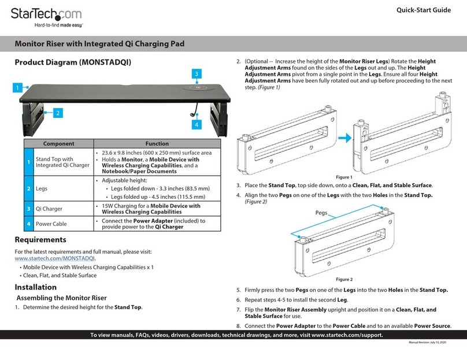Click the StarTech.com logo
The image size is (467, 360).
click(46, 17)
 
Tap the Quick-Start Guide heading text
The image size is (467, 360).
click(424, 10)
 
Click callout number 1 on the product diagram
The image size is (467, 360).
click(17, 87)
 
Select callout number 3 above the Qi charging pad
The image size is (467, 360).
click(197, 74)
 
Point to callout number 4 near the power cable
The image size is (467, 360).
click(197, 124)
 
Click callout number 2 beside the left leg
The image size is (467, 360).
click(58, 113)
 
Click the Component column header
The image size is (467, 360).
click(59, 143)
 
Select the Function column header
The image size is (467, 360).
click(157, 143)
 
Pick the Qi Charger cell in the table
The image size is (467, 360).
click(49, 209)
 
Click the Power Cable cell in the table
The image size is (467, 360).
click(51, 224)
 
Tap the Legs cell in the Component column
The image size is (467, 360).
click(42, 188)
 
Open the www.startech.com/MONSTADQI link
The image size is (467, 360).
click(55, 258)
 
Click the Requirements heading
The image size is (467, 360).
click(40, 240)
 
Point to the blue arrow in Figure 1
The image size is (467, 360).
click(345, 138)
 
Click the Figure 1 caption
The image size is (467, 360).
click(344, 177)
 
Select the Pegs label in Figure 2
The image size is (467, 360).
click(321, 213)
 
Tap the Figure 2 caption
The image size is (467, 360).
click(344, 279)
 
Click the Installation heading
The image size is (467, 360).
click(36, 287)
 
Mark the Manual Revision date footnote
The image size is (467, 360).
click(427, 343)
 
